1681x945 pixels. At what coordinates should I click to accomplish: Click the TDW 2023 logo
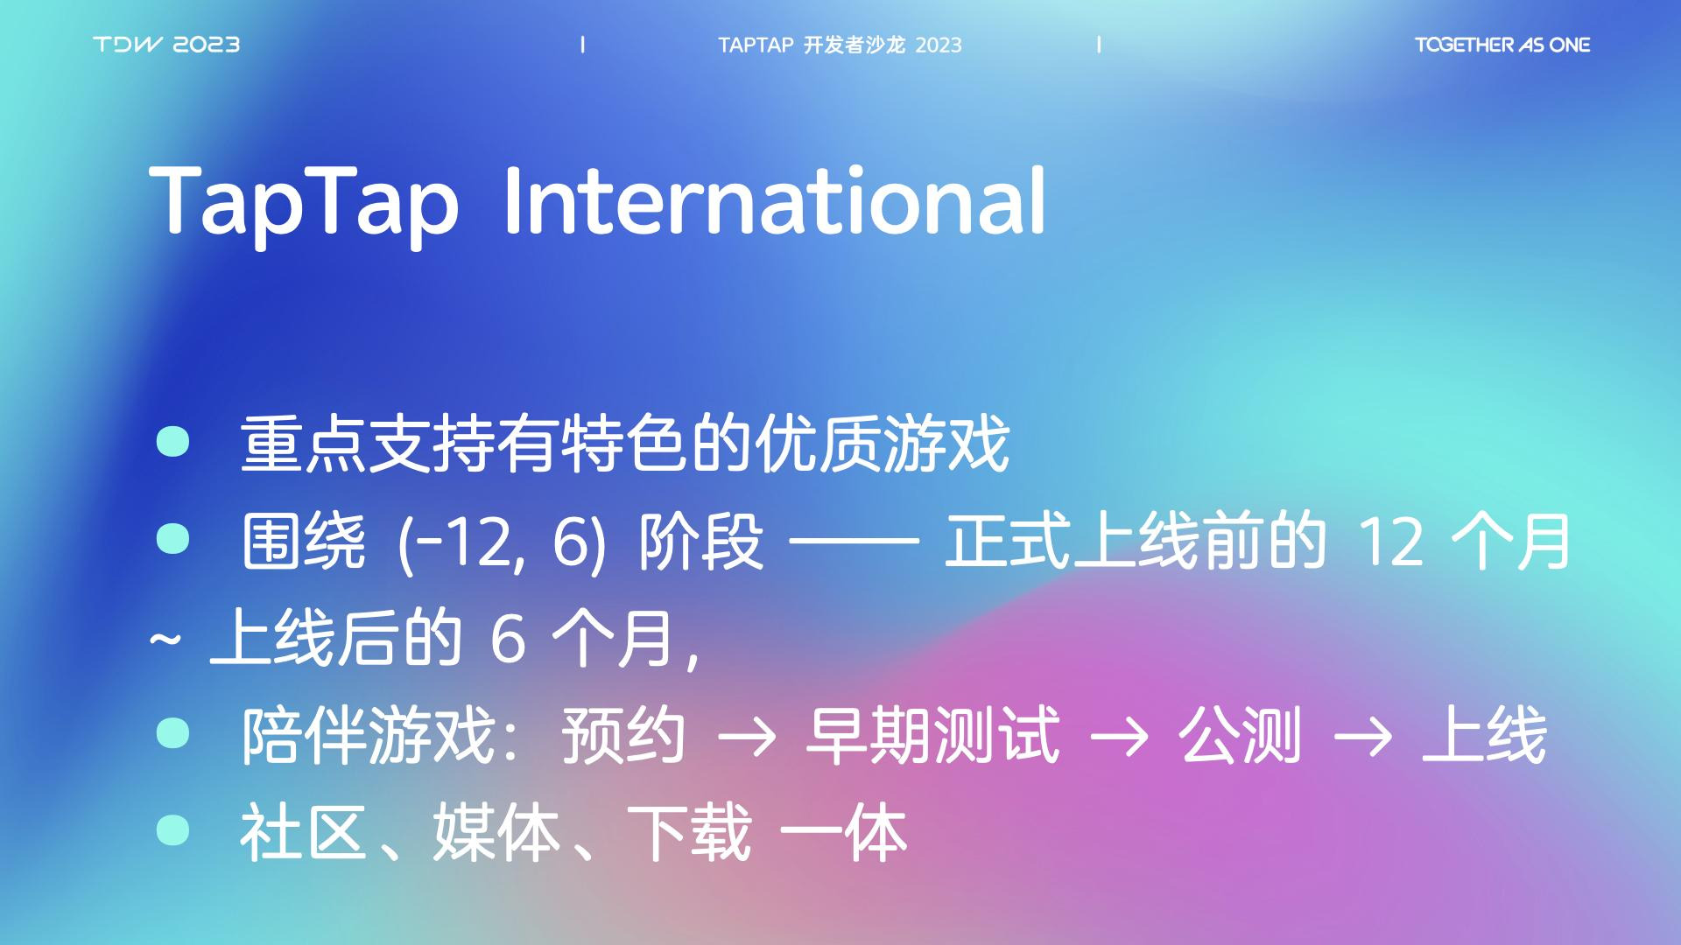(166, 45)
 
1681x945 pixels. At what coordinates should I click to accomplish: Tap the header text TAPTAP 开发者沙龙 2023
(840, 45)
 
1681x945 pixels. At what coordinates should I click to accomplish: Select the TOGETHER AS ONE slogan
(1502, 45)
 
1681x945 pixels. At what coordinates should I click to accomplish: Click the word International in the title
(775, 201)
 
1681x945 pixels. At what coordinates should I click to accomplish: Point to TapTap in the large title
(304, 206)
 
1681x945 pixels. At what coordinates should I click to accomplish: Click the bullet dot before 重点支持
(172, 441)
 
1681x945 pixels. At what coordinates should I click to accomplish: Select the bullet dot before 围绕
(172, 538)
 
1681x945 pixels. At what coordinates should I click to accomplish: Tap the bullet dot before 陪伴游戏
(172, 732)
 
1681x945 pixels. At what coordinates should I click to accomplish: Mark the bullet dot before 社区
(172, 829)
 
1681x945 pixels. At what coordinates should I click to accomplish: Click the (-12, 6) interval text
(501, 542)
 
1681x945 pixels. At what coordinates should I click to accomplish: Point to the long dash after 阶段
(854, 542)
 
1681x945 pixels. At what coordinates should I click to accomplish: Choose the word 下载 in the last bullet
(690, 832)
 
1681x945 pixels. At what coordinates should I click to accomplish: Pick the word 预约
(623, 736)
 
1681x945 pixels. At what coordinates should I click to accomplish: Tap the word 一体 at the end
(842, 832)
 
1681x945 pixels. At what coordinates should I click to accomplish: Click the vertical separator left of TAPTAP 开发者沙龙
(583, 45)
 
